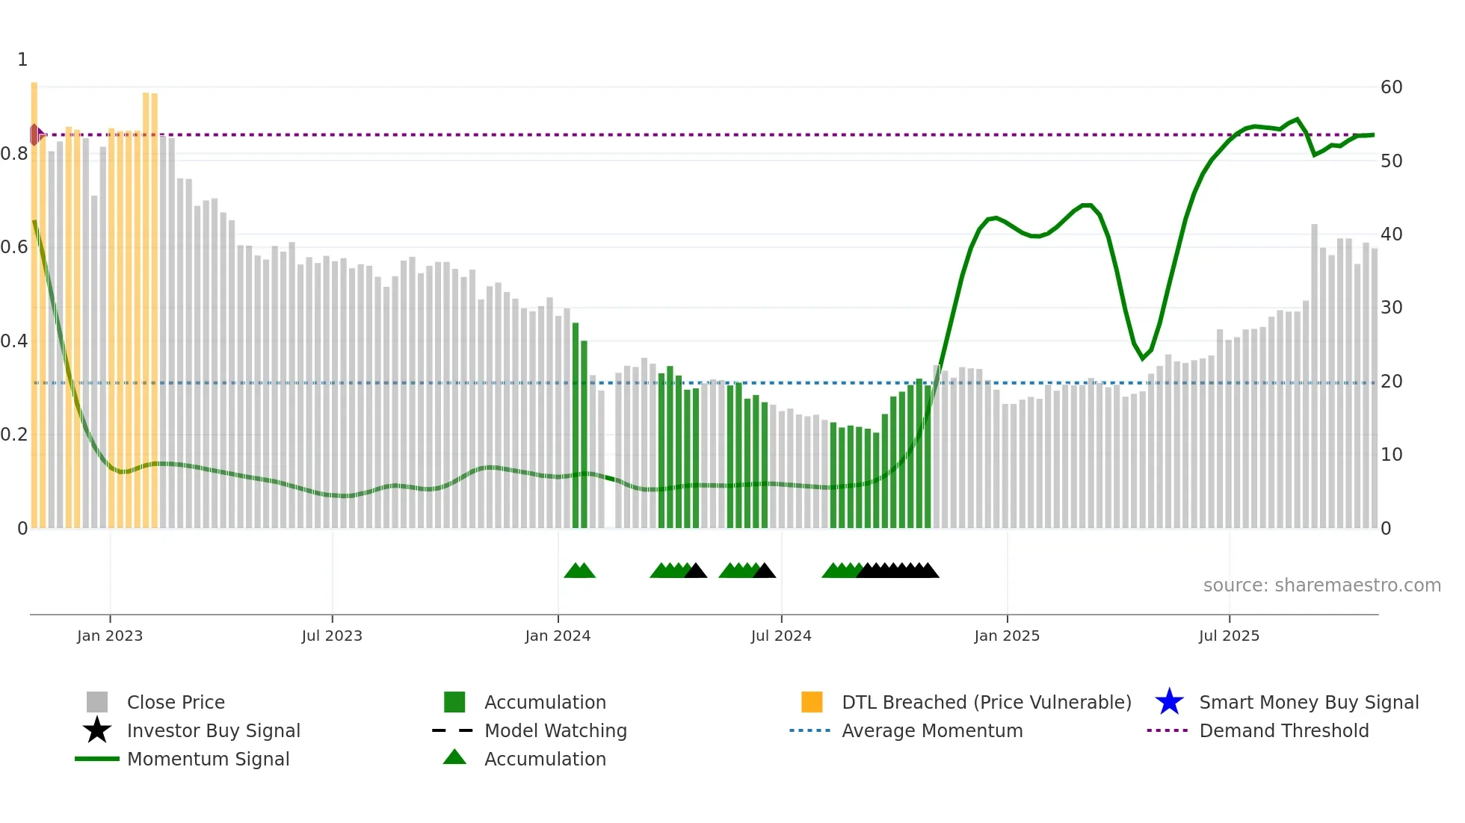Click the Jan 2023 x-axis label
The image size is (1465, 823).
pos(109,636)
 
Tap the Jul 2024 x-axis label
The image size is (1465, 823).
pos(780,636)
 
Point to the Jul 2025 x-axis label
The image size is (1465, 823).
pos(1228,636)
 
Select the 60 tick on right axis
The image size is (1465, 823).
pos(1391,87)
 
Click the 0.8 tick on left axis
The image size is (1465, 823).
pos(14,154)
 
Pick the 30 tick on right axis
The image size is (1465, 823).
pos(1391,308)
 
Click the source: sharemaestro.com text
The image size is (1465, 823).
pos(1321,586)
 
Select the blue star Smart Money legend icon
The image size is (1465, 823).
pos(1169,702)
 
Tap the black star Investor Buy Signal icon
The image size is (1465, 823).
pos(97,730)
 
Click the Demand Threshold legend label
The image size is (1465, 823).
pos(1283,730)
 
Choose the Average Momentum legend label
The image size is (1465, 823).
pos(931,730)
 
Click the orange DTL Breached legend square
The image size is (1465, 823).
pos(812,702)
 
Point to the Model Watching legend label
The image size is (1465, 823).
pos(555,730)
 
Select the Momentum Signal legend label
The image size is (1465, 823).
pos(208,759)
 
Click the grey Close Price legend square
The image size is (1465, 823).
pos(97,702)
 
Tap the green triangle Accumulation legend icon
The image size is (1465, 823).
pos(454,757)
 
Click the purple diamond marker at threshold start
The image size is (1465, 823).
pos(35,135)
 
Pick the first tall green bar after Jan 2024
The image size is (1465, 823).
pos(576,426)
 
